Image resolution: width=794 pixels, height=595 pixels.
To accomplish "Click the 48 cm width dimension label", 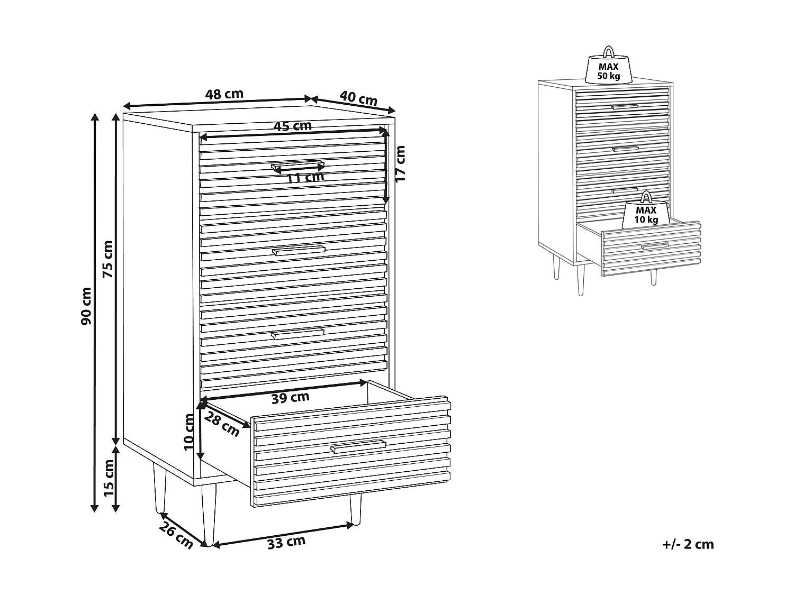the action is click(224, 94).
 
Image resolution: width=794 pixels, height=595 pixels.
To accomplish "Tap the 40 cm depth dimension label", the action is click(358, 98).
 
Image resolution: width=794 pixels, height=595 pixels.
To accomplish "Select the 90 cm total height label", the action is click(86, 306).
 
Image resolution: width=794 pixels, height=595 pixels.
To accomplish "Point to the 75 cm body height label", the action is click(108, 259).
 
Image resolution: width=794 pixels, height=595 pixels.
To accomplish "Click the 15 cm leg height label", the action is click(109, 478).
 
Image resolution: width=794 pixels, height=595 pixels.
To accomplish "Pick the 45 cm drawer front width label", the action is click(292, 126).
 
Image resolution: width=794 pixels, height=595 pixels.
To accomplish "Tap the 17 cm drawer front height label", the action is click(400, 163).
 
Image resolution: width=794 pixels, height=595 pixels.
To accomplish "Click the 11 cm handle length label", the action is click(305, 177).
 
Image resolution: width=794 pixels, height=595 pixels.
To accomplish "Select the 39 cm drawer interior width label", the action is click(291, 398).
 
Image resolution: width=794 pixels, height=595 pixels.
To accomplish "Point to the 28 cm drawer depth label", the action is click(222, 424).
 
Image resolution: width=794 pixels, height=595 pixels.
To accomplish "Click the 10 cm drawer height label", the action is click(189, 432).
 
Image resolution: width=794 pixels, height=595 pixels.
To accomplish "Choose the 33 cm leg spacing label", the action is click(286, 542).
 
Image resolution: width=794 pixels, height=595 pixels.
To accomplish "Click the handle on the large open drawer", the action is click(358, 446).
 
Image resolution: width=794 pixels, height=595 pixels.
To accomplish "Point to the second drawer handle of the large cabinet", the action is click(299, 250).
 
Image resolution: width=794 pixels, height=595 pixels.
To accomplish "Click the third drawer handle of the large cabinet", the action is click(297, 334).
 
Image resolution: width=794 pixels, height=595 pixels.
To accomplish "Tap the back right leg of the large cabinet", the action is click(355, 509).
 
